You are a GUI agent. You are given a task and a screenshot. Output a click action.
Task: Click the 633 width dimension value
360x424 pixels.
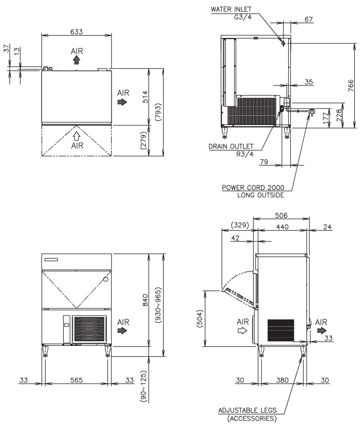[76, 32]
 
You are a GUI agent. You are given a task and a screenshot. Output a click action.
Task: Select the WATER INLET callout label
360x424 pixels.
[231, 9]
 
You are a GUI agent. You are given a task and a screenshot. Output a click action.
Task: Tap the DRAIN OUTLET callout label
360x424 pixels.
[231, 146]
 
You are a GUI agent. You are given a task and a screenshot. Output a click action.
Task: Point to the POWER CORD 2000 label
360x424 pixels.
[253, 188]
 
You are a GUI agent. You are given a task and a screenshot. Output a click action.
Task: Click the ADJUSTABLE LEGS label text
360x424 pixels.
[247, 410]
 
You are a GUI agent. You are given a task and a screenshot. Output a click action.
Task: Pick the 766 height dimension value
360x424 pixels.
[351, 85]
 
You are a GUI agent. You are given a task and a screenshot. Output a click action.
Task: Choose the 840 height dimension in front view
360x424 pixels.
[145, 300]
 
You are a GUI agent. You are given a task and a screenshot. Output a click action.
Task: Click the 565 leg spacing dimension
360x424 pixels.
[76, 380]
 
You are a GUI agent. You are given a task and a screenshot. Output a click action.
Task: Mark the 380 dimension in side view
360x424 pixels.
[282, 380]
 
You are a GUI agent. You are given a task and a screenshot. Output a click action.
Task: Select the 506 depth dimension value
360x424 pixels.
[281, 215]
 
